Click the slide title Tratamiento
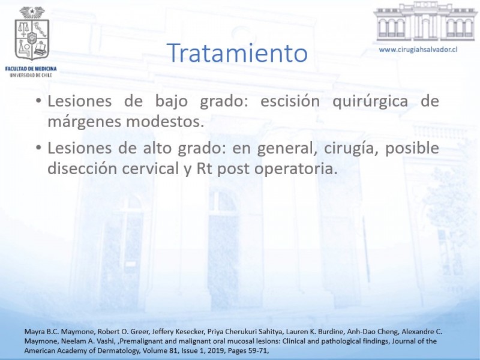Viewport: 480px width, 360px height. point(237,53)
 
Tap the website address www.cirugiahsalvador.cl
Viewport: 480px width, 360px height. point(418,50)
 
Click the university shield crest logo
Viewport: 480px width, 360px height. point(32,34)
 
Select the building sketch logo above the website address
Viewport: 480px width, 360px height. point(425,22)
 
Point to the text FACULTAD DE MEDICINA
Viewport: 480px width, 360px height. point(31,69)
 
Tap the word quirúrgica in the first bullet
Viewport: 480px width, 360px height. point(370,101)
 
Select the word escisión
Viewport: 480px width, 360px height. point(290,101)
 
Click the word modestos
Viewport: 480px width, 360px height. point(165,122)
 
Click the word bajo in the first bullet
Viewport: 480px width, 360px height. point(172,101)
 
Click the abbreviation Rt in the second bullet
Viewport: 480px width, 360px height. point(204,169)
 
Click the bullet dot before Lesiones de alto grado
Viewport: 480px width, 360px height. point(38,148)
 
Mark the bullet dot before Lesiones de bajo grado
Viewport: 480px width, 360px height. point(38,100)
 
